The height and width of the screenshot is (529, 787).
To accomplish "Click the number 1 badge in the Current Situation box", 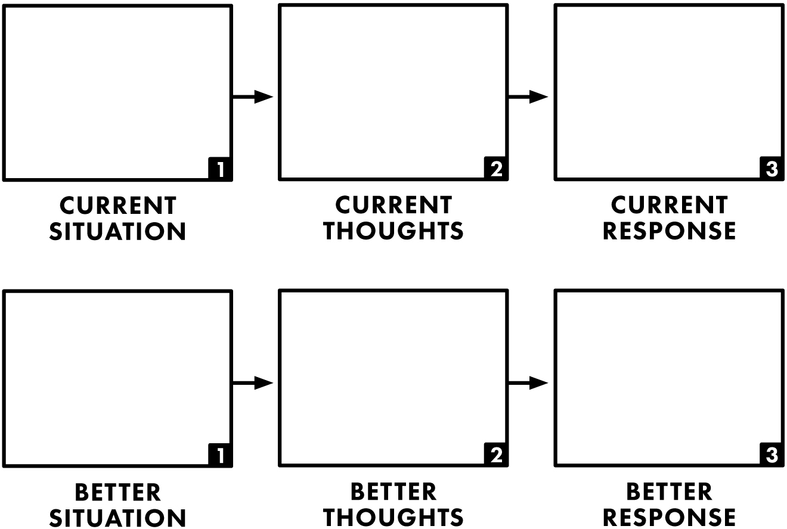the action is (x=219, y=169).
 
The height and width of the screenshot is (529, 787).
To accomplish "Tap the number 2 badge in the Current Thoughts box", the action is (x=495, y=168).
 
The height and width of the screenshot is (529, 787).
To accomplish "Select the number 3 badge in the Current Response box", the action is (x=771, y=168).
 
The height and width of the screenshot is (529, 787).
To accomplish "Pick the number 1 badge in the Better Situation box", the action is (x=219, y=455).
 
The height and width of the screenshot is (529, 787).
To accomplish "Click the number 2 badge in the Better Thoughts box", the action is (x=495, y=454).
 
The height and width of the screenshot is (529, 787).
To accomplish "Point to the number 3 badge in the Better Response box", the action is (x=771, y=454).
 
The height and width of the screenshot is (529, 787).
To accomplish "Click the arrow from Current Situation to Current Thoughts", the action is (x=253, y=97).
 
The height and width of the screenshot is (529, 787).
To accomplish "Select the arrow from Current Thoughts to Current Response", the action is (x=528, y=97).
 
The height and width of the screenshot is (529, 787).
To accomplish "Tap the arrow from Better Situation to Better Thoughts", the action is (x=253, y=383).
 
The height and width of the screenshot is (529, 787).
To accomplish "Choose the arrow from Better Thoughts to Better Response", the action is (x=528, y=383).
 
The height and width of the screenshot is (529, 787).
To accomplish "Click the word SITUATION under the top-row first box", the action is (x=117, y=232).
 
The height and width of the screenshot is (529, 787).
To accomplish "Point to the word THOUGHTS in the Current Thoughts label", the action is (x=393, y=231).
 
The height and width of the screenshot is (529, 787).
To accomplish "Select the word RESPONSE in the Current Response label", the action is (x=670, y=231).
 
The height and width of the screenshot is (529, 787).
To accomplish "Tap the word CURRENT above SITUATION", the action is (x=117, y=206).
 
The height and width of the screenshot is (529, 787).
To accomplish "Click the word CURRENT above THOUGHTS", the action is (x=393, y=205).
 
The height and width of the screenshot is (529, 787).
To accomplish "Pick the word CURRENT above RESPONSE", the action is (x=670, y=205).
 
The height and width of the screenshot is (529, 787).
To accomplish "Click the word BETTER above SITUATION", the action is (x=117, y=493).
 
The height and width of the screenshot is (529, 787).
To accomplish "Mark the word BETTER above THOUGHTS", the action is (x=393, y=492).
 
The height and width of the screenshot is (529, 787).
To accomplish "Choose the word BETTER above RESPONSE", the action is (x=670, y=492).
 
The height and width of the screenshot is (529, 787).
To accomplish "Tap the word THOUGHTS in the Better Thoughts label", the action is (x=393, y=518).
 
